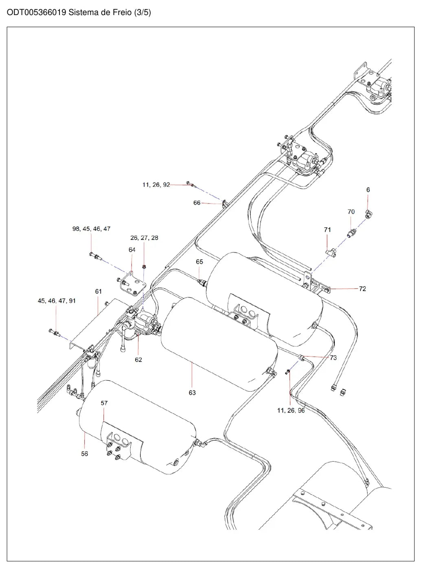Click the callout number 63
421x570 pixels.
[192, 392]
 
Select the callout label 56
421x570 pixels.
[85, 454]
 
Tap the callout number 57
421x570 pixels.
[104, 403]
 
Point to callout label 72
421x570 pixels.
[362, 289]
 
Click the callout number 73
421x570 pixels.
[333, 357]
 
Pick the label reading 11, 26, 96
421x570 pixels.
[291, 410]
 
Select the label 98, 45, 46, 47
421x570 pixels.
[91, 228]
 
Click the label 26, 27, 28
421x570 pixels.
[144, 237]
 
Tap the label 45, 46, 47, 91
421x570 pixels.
[57, 300]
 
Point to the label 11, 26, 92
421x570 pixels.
[156, 184]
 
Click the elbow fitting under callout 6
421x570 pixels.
[369, 213]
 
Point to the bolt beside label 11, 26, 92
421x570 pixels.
[190, 184]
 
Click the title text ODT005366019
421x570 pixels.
[36, 12]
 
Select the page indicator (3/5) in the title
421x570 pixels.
[143, 12]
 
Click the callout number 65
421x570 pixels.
[199, 261]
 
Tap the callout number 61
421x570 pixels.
[99, 291]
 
